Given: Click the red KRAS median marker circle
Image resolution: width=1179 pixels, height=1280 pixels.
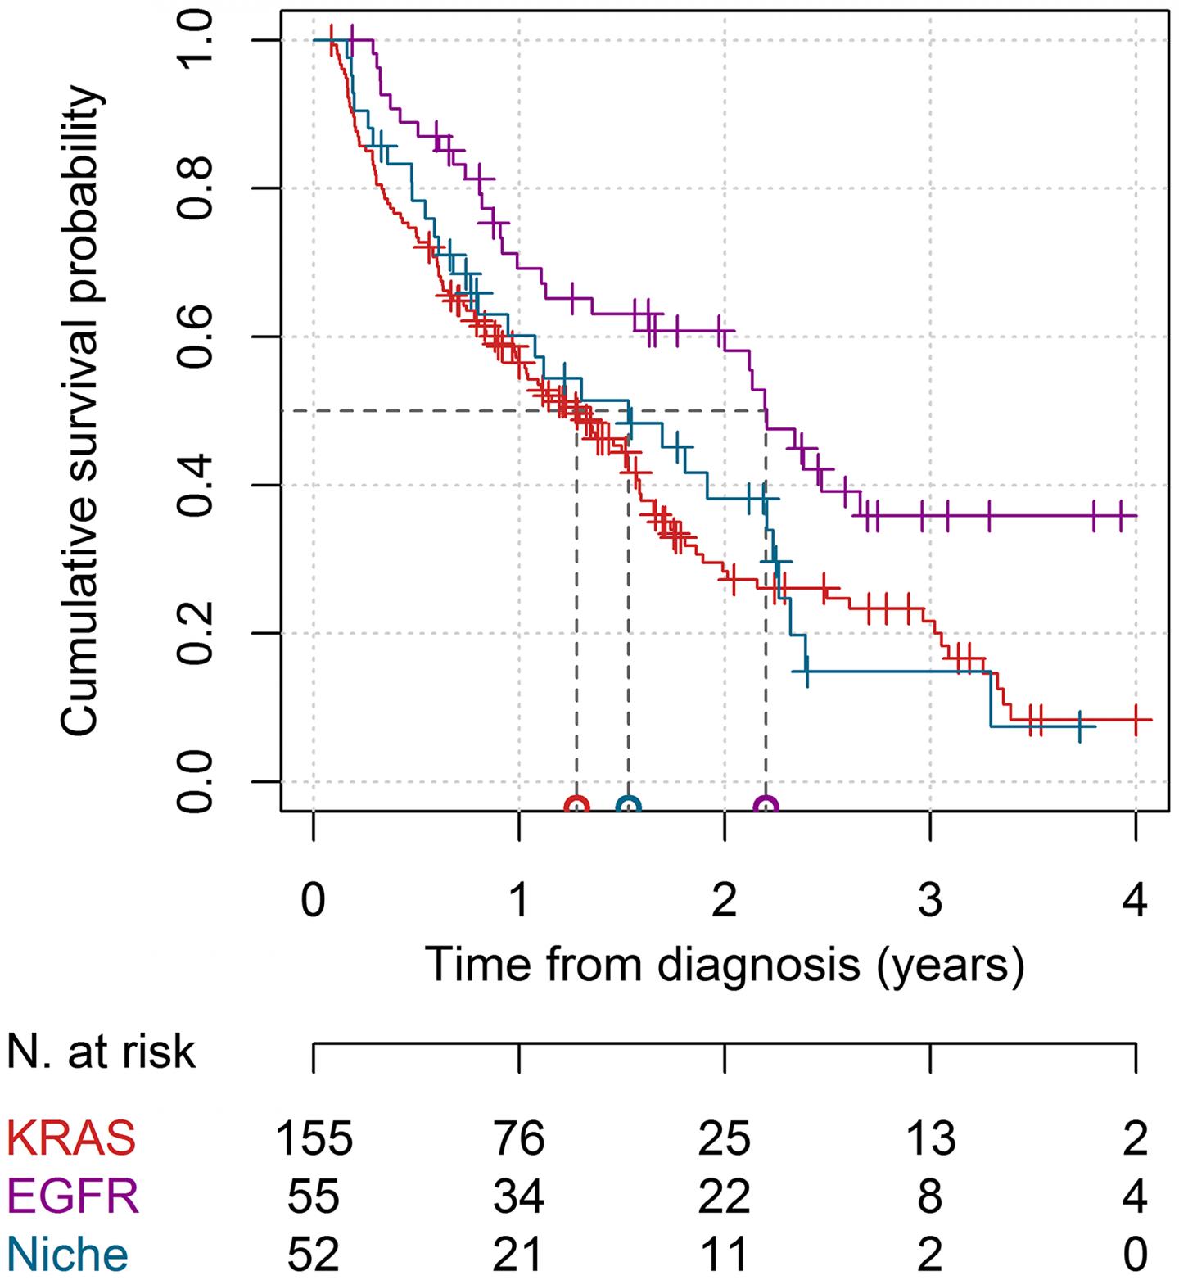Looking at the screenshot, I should click(577, 806).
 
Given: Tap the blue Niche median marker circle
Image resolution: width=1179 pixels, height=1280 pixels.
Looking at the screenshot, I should click(629, 806).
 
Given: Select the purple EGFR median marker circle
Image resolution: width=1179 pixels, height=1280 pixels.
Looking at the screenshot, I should click(766, 806).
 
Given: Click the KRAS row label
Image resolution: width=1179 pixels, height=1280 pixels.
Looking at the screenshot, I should click(71, 1138).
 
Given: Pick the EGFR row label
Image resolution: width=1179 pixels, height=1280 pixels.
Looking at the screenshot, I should click(73, 1196).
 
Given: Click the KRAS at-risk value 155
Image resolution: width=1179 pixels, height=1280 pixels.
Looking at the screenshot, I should click(314, 1138).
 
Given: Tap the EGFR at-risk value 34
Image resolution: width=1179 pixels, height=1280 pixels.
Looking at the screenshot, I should click(520, 1196).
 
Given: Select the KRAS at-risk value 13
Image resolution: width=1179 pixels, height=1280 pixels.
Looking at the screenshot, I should click(931, 1138).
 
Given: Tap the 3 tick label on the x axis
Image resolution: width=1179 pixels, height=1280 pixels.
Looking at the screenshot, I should click(931, 902).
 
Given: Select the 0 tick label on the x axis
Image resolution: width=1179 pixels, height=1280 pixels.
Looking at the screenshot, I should click(314, 902).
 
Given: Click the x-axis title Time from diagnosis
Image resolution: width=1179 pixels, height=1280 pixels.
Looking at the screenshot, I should click(725, 964).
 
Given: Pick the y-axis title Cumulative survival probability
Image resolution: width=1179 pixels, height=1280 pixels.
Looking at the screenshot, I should click(81, 409).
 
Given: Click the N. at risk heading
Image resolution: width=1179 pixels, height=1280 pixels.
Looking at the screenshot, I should click(102, 1051).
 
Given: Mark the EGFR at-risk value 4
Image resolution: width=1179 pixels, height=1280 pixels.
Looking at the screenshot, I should click(1136, 1196).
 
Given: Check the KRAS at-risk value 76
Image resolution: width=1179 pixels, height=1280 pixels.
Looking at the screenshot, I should click(520, 1138).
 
